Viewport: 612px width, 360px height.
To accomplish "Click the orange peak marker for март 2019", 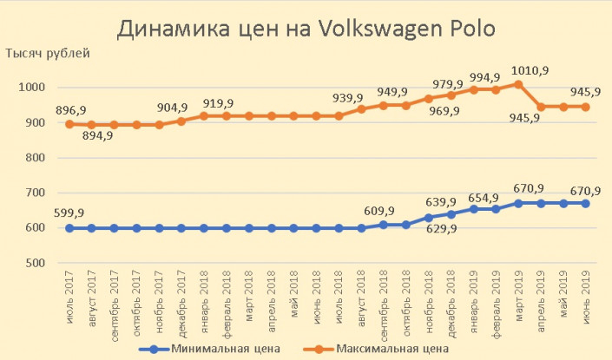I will [x=518, y=84].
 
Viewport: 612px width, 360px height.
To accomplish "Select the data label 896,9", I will [x=72, y=109].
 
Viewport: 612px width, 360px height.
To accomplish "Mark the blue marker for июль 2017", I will [x=69, y=228].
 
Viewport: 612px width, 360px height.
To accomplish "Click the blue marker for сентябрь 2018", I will [x=384, y=225].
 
